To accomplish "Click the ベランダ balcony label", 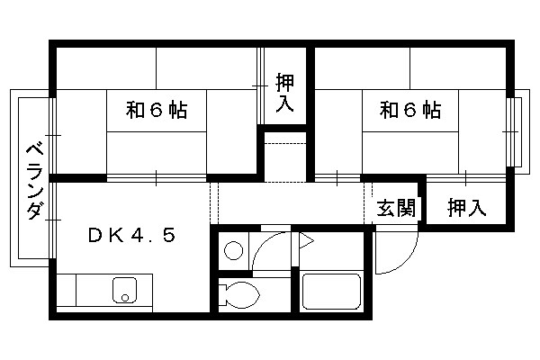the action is [x=35, y=182].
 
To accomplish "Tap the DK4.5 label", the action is [x=132, y=235].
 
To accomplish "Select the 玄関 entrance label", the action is [x=396, y=208].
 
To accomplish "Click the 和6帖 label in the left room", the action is [x=157, y=110].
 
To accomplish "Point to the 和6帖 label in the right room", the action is [x=410, y=110].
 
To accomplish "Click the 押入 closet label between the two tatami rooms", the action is [x=284, y=93].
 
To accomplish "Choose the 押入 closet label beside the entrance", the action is [x=466, y=208].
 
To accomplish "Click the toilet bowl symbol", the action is [x=239, y=295].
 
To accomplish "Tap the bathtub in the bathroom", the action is [x=331, y=292].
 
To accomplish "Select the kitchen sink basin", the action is [x=125, y=290].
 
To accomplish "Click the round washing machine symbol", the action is [x=233, y=250].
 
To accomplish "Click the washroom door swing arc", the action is [x=264, y=243].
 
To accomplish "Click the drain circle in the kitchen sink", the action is [x=125, y=297].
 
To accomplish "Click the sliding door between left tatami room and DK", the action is [x=157, y=178].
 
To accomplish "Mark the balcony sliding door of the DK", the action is [x=52, y=220].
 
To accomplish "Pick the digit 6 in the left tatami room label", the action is [x=157, y=110].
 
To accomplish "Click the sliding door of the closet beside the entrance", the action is [x=466, y=178].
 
